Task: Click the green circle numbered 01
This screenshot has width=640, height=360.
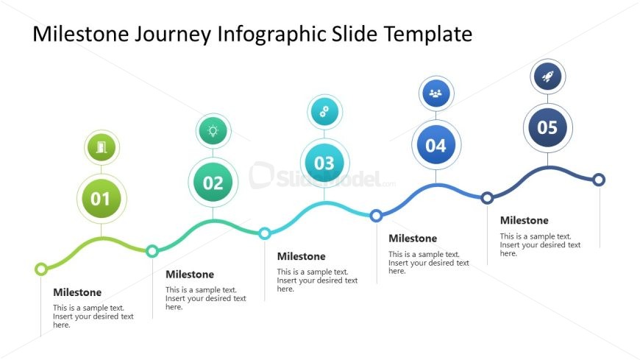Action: point(102,199)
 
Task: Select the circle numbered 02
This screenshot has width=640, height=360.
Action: point(213,183)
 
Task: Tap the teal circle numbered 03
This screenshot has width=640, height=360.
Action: point(324,163)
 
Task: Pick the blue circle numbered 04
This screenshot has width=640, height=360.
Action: point(436,145)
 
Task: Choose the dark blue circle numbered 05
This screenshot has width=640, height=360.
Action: point(547,127)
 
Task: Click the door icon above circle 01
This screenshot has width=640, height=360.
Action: point(102,147)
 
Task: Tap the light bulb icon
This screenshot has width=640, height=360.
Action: point(213,131)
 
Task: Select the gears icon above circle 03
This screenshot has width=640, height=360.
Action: point(324,112)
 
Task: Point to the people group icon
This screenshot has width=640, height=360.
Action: point(436,93)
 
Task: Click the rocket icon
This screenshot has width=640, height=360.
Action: point(548,77)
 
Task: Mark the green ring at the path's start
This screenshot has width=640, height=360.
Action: point(40,269)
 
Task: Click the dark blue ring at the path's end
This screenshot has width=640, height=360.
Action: point(599,180)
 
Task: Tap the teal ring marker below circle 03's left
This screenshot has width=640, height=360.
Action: point(265,233)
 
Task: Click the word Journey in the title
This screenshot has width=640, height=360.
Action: point(173,35)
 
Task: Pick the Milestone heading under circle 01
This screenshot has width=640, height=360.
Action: point(77,292)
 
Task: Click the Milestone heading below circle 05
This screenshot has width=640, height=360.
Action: point(524,220)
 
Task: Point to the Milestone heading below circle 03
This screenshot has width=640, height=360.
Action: point(301,256)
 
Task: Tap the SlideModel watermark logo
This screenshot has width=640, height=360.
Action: point(322,176)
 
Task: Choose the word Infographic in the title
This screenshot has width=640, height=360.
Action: point(271,35)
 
